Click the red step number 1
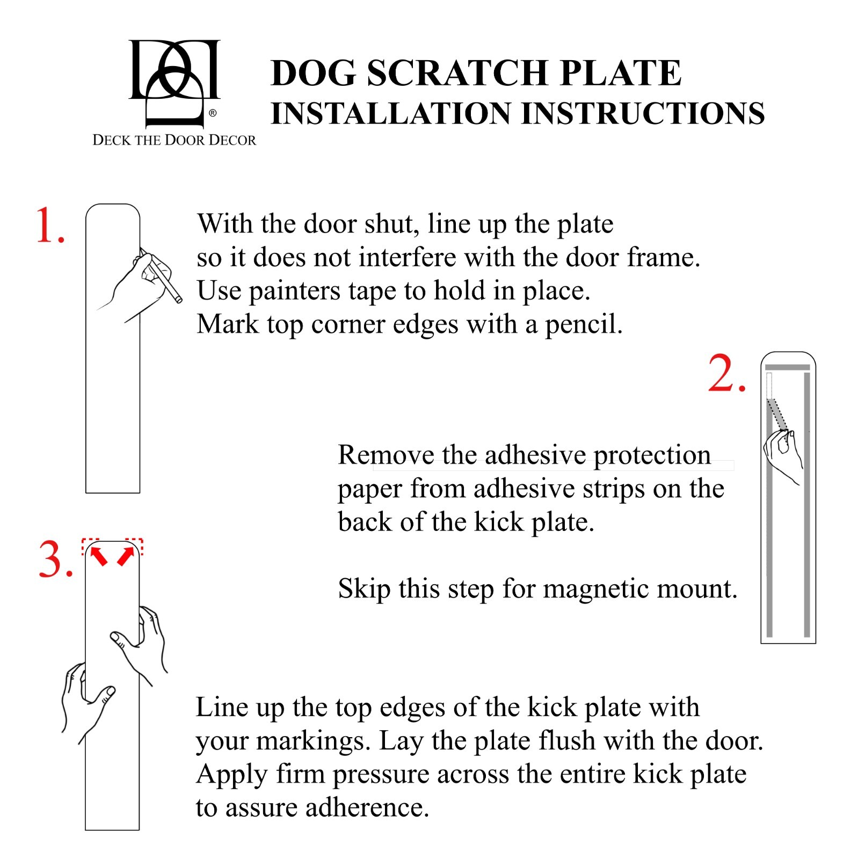[x=49, y=225]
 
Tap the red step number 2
[x=726, y=374]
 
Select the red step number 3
[x=55, y=560]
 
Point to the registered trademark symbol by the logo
[x=213, y=113]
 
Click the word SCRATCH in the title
[x=457, y=73]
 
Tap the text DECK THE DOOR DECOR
[x=174, y=140]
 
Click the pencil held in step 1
[x=168, y=282]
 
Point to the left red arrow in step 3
[x=99, y=556]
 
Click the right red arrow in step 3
[x=126, y=556]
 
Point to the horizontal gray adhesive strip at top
[x=787, y=368]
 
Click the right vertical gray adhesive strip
[x=806, y=505]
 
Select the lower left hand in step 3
[x=86, y=698]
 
